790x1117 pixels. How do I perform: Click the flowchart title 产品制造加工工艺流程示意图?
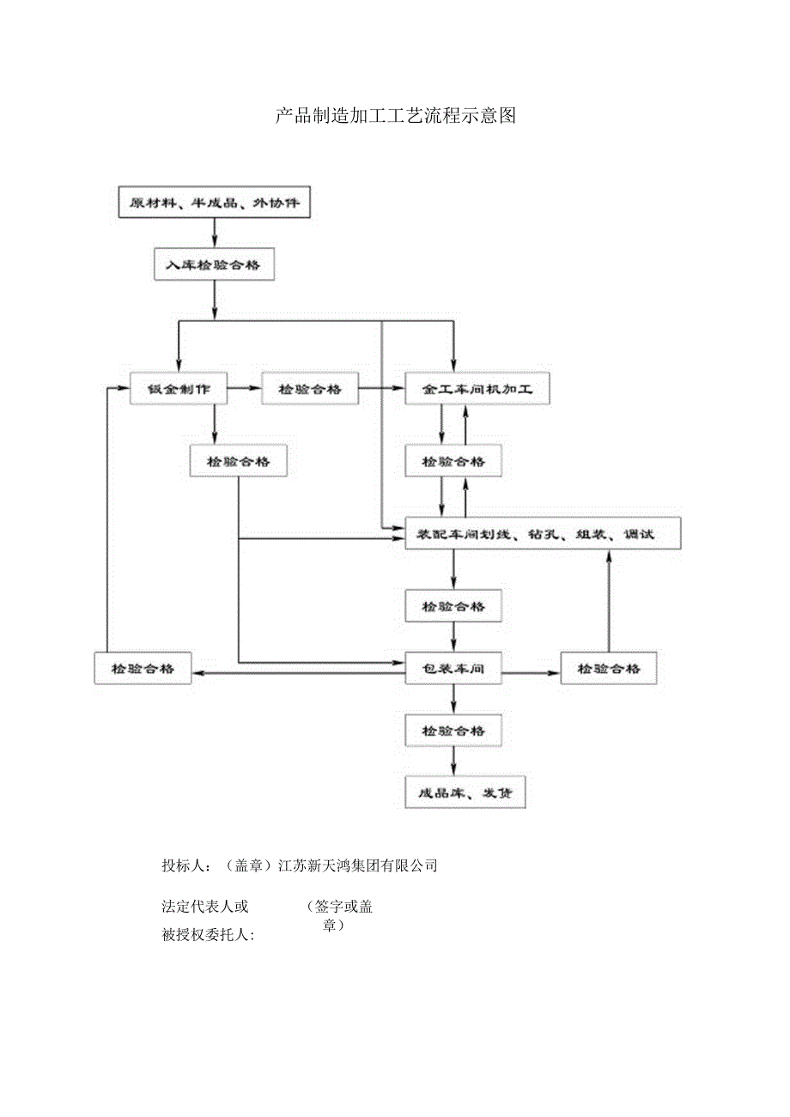click(x=395, y=116)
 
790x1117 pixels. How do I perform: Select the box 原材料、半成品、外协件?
click(x=214, y=203)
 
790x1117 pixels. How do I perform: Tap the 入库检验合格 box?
click(x=214, y=265)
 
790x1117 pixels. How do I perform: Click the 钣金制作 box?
click(x=179, y=389)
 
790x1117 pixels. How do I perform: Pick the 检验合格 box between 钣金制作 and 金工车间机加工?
click(x=309, y=389)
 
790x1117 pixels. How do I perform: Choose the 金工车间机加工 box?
click(x=477, y=389)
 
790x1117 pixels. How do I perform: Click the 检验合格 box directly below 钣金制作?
click(x=238, y=461)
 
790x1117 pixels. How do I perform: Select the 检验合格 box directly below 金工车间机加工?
click(x=453, y=461)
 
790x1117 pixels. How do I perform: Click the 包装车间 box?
click(x=453, y=668)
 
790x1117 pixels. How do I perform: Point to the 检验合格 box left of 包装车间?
click(x=143, y=668)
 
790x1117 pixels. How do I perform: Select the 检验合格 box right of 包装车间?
click(x=609, y=668)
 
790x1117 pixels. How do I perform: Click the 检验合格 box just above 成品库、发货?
click(x=453, y=731)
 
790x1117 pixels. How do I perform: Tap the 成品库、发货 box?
click(x=465, y=792)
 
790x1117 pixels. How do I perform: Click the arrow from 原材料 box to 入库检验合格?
click(x=214, y=233)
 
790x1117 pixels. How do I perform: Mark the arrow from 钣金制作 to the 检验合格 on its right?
click(x=244, y=389)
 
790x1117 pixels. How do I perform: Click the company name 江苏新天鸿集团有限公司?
click(x=359, y=865)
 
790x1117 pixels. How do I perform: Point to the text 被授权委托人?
click(x=209, y=934)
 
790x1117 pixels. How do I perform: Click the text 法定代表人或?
click(x=205, y=907)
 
